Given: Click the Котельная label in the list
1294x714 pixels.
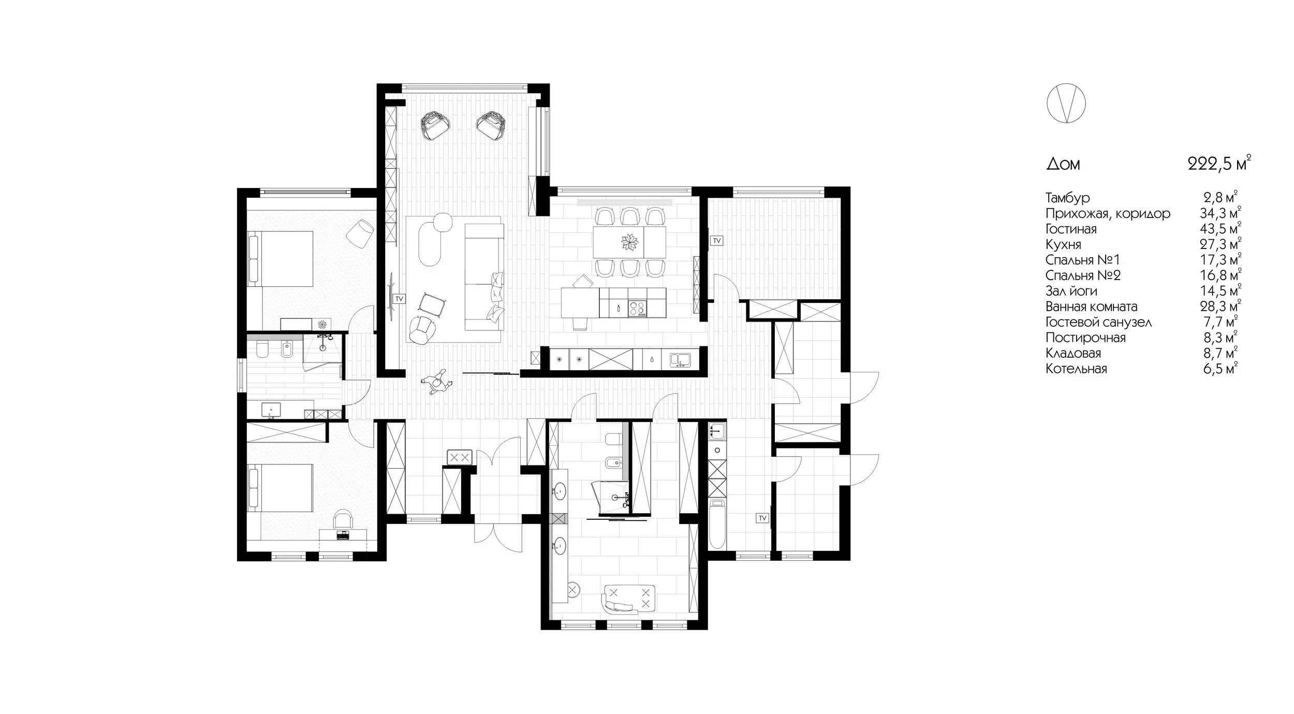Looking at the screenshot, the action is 1076,369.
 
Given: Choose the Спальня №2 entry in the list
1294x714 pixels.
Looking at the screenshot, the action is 1083,275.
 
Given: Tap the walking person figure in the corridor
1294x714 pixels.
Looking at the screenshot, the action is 436,383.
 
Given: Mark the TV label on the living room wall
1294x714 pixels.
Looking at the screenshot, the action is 399,299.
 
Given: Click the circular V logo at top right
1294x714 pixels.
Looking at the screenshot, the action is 1066,104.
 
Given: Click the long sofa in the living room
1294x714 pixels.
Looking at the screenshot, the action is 484,277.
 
